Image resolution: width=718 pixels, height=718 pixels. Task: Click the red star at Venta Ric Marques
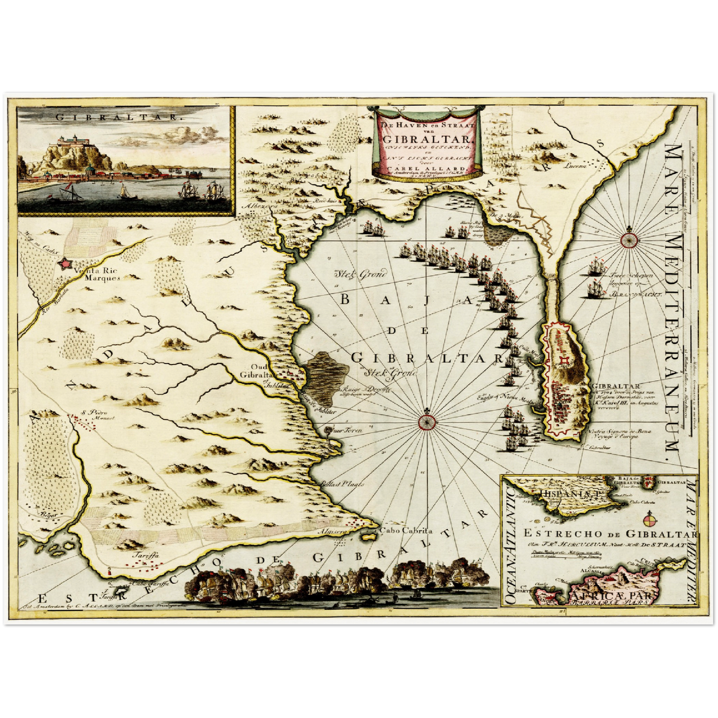[x=65, y=263]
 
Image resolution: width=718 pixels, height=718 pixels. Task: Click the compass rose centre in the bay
[x=427, y=421]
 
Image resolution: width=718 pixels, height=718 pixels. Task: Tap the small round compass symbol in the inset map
[x=648, y=521]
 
